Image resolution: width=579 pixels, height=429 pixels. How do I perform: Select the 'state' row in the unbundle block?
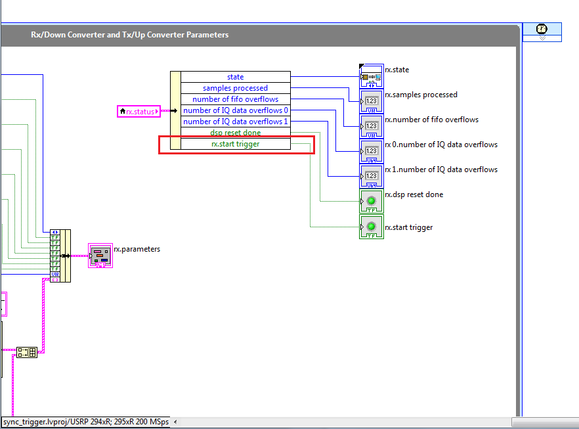tap(235, 77)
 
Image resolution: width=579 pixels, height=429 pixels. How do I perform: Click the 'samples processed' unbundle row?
tap(235, 88)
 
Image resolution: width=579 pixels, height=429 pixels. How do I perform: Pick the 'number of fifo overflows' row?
tap(235, 99)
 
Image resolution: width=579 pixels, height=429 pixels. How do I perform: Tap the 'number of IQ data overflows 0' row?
tap(235, 110)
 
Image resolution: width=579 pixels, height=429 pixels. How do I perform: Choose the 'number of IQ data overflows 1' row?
tap(235, 122)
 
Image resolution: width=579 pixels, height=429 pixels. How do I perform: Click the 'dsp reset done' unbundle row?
tap(235, 133)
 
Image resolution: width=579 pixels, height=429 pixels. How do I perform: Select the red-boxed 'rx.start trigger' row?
tap(235, 144)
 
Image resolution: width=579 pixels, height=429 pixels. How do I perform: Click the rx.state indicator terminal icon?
tap(371, 77)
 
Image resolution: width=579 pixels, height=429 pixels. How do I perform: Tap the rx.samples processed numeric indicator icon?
tap(371, 102)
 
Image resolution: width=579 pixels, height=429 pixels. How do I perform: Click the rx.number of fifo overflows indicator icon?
tap(371, 126)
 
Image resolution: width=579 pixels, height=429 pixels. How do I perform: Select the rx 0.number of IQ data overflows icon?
tap(371, 151)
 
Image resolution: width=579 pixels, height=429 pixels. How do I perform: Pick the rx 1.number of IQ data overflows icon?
tap(371, 176)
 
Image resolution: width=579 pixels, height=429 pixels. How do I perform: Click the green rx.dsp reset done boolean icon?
tap(371, 202)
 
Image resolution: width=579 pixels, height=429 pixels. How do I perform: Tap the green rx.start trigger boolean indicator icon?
tap(371, 227)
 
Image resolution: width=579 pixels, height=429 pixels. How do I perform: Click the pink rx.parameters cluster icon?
tap(100, 256)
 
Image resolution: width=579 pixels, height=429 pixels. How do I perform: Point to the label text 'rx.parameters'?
tap(137, 249)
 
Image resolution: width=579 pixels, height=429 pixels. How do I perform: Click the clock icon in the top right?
tap(542, 30)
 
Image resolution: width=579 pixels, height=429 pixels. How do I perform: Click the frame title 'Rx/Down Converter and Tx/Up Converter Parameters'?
tap(130, 35)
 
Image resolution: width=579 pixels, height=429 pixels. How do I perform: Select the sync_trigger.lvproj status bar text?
tap(85, 422)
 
